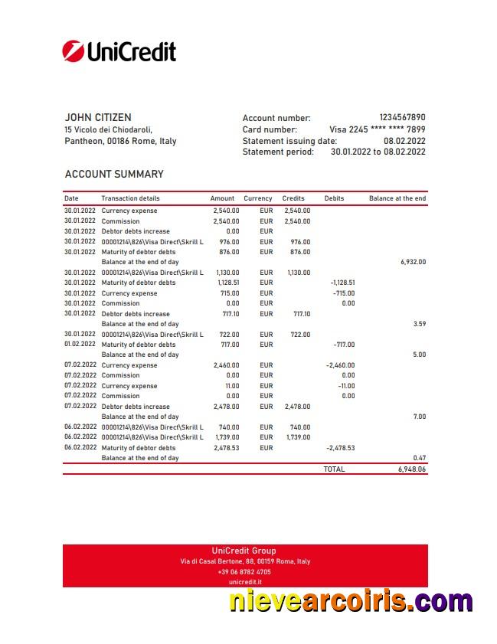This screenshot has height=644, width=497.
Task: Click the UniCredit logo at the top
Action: [119, 51]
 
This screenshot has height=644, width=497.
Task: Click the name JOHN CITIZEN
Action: [98, 117]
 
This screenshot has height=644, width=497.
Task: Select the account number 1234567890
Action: [402, 118]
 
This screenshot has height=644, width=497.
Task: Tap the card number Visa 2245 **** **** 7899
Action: [377, 129]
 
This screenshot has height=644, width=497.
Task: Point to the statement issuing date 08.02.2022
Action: [404, 141]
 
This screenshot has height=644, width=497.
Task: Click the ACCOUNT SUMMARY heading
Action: [114, 174]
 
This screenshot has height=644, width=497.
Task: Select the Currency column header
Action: [258, 198]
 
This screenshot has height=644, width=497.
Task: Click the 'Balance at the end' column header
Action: [397, 198]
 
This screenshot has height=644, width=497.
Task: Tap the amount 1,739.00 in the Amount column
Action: [226, 437]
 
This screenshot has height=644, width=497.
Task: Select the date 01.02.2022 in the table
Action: [80, 345]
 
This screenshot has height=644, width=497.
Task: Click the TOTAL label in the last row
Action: [334, 469]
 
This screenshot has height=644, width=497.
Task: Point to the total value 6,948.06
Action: [411, 469]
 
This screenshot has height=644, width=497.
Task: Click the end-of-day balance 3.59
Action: [419, 324]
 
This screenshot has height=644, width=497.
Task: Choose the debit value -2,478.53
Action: [340, 448]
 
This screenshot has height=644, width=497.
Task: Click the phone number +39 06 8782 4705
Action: [244, 572]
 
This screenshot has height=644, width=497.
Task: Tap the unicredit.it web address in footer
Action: [244, 582]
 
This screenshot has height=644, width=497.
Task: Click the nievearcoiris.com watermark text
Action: [351, 601]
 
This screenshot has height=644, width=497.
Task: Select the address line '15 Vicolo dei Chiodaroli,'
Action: [109, 129]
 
